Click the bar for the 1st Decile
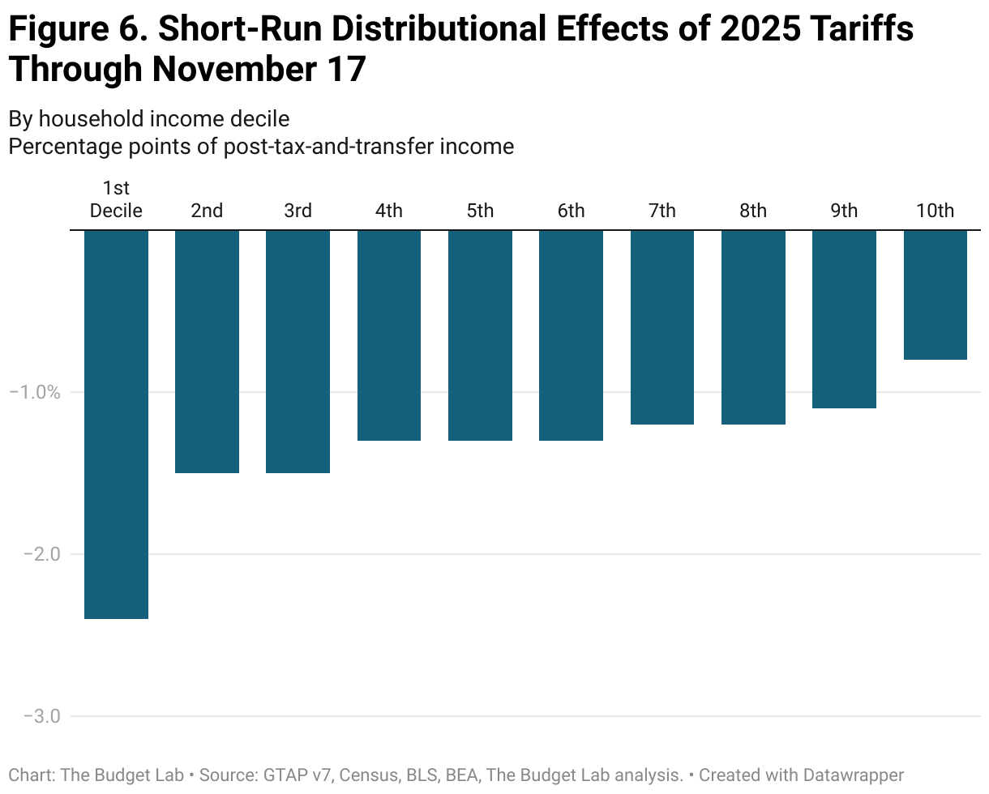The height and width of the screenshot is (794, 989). click(116, 424)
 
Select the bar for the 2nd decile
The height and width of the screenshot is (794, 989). click(207, 351)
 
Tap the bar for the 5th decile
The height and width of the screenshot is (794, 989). click(480, 335)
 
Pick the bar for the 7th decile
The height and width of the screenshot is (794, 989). click(661, 327)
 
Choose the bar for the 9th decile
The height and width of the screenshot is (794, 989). click(844, 318)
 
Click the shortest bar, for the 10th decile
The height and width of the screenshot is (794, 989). click(935, 294)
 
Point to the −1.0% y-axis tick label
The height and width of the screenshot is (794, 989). click(35, 392)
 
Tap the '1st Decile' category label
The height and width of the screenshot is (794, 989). click(116, 200)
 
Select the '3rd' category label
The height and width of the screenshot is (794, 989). click(298, 211)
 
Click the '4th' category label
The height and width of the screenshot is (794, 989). click(388, 211)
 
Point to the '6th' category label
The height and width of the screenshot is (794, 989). click(571, 211)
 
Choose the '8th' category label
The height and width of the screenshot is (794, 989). click(752, 211)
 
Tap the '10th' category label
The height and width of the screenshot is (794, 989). click(935, 211)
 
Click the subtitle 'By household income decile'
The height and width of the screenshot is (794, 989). click(148, 118)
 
